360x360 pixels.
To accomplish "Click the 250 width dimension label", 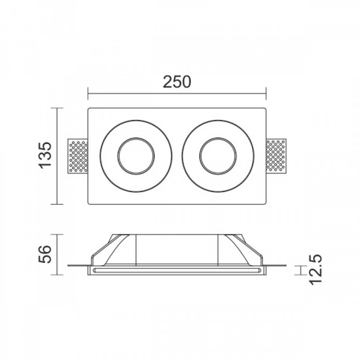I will tap(176, 82).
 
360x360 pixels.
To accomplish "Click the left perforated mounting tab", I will tap(78, 156).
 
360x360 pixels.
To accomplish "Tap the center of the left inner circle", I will tap(136, 156).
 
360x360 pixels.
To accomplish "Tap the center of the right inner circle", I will tap(218, 156).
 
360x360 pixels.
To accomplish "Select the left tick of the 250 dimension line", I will tap(88, 93).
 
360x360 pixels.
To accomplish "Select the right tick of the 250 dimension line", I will tap(266, 93).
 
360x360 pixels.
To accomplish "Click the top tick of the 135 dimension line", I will tap(58, 108).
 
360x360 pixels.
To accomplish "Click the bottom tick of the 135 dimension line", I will tap(58, 204).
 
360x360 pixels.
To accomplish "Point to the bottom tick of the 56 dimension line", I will tap(58, 275).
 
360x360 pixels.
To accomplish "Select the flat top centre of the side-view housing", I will tap(177, 235).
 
